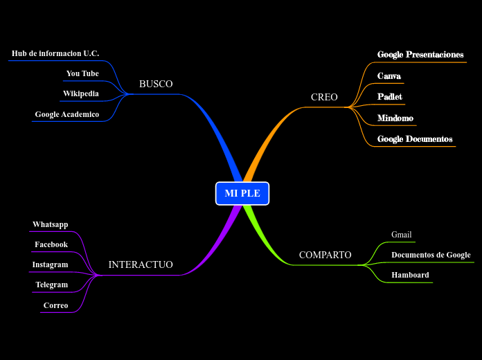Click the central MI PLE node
click(242, 193)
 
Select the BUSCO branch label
click(156, 84)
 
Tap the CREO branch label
click(324, 98)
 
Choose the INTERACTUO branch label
click(141, 265)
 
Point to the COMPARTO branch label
click(325, 255)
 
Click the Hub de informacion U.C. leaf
click(55, 53)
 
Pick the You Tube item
click(82, 73)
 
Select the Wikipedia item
click(81, 93)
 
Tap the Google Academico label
click(67, 114)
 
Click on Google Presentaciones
click(420, 55)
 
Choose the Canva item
click(389, 76)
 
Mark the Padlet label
click(390, 97)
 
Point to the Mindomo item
click(395, 118)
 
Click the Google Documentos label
click(415, 139)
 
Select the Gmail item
click(402, 235)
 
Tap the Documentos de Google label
click(431, 255)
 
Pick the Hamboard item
click(410, 275)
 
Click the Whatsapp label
click(50, 224)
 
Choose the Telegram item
click(52, 285)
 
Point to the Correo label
click(55, 305)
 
